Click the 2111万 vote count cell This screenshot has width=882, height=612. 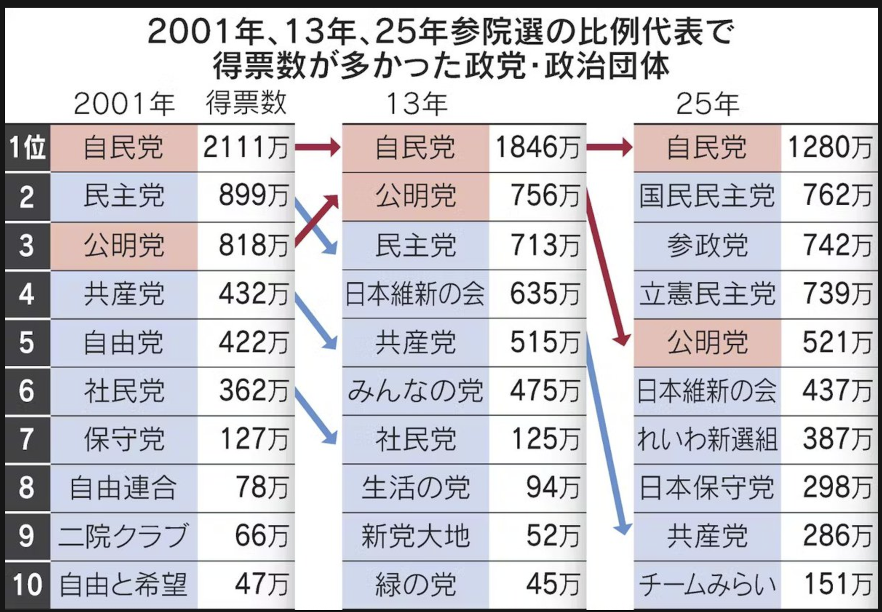246,148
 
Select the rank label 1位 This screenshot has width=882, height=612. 27,148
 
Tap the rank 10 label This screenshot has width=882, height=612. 27,584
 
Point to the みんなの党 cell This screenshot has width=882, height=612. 415,391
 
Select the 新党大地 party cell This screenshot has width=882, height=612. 415,536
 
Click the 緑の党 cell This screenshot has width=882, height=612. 415,584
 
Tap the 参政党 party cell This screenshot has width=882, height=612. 707,245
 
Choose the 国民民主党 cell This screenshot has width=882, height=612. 707,196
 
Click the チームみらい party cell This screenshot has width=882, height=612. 707,584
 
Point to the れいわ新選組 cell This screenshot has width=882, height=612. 707,439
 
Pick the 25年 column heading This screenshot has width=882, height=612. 707,104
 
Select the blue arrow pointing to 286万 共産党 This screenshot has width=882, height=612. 606,433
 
